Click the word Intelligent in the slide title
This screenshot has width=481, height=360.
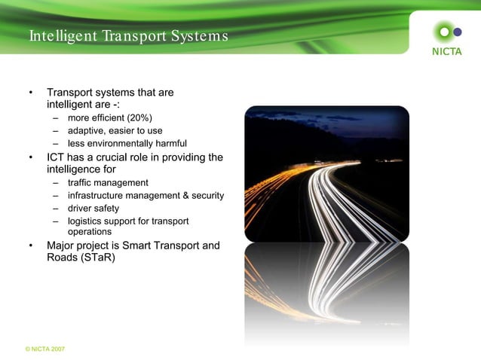point(61,36)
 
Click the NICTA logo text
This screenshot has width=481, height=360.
point(446,52)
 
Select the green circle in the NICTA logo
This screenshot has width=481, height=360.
point(444,32)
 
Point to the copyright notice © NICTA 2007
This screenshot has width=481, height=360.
point(44,349)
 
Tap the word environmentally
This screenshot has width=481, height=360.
point(120,144)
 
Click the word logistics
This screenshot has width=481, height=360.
point(85,221)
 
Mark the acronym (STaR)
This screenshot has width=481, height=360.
point(97,258)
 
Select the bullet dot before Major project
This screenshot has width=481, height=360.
point(31,246)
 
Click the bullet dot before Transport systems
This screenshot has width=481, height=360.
point(31,93)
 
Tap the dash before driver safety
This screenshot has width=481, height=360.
point(56,209)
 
